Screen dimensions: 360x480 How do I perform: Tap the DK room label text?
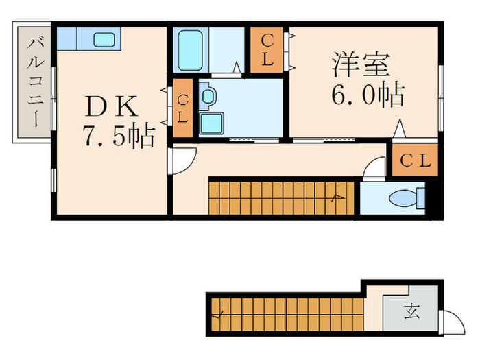click(x=111, y=106)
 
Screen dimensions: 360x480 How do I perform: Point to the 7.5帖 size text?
click(x=118, y=136)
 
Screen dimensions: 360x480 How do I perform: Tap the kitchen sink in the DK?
click(x=105, y=39)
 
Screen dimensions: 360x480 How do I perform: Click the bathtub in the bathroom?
click(x=189, y=49)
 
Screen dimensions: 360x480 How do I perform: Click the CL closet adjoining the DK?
click(x=182, y=109)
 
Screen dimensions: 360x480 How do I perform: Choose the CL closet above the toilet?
click(x=415, y=160)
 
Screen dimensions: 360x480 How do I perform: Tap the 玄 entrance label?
click(x=411, y=312)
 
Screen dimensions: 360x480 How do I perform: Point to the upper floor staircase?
click(x=281, y=197)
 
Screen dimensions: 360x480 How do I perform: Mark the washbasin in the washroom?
click(x=208, y=97)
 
